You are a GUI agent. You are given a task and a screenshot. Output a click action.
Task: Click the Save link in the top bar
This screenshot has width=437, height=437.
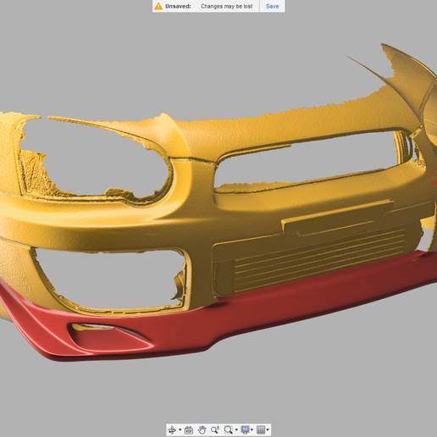click(272, 6)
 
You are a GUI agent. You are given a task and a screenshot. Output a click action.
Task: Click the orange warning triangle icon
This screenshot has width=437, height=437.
click(158, 6)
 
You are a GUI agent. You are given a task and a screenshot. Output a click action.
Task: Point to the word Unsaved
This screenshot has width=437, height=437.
click(179, 6)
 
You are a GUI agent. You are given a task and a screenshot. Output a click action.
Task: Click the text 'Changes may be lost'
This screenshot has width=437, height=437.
click(226, 6)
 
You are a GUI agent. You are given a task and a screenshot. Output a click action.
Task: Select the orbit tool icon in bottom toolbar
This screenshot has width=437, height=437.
click(173, 430)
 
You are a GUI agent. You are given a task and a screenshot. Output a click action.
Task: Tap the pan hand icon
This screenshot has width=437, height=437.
click(202, 430)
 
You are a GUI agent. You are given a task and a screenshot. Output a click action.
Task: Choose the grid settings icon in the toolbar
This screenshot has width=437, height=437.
click(261, 430)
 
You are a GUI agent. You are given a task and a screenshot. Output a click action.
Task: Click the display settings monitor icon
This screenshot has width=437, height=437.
click(245, 430)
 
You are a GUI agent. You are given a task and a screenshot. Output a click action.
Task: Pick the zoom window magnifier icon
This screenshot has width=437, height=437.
click(229, 430)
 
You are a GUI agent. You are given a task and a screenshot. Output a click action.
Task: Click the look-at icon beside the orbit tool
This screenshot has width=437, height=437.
click(188, 430)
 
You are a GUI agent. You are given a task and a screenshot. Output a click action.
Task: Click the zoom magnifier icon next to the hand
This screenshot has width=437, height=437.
click(215, 430)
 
